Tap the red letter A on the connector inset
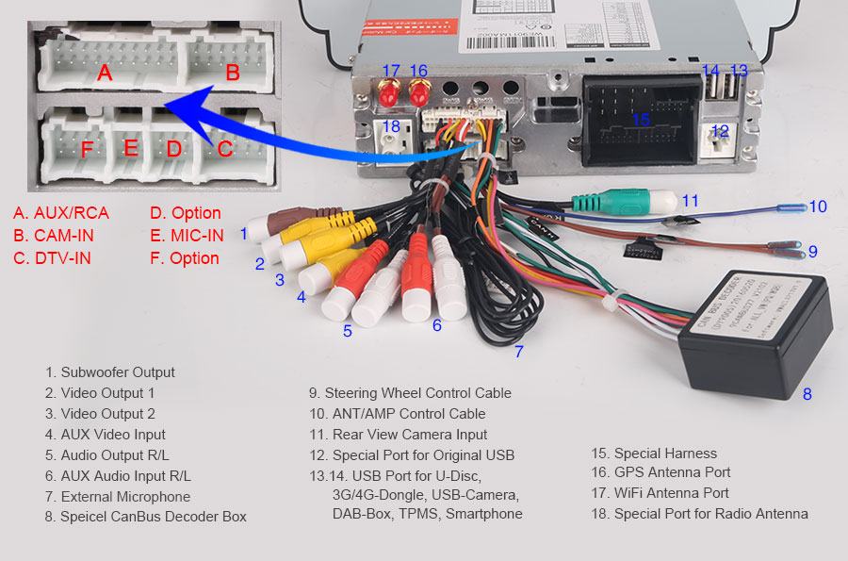(x=105, y=72)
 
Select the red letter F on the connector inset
(x=87, y=149)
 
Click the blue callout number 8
(x=807, y=394)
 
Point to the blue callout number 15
(x=641, y=120)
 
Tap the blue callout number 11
(x=691, y=200)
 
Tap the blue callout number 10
(x=817, y=206)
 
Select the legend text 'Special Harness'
(x=654, y=453)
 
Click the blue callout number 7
(x=518, y=353)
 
